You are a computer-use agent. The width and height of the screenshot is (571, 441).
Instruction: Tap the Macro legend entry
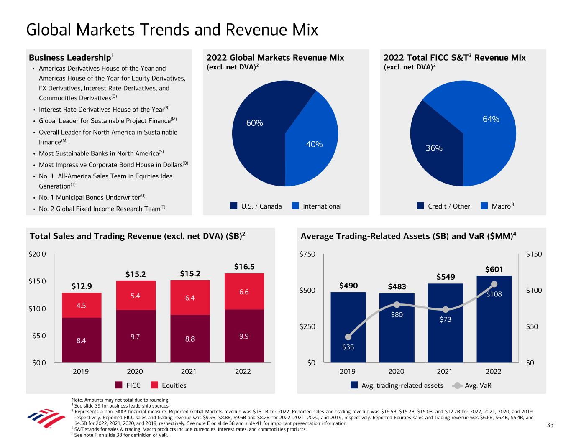(498, 206)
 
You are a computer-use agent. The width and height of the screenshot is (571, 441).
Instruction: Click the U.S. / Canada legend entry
(256, 206)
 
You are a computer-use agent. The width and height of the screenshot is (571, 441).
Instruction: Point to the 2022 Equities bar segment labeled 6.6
(244, 292)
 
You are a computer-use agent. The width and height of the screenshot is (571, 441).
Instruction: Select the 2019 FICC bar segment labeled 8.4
(82, 340)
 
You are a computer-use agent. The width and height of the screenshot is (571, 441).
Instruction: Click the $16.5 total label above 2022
(244, 267)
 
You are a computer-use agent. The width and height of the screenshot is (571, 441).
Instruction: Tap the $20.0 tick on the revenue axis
(37, 254)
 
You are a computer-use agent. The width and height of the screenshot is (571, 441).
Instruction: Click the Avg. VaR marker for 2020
(397, 305)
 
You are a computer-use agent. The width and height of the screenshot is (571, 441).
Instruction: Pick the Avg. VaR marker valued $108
(494, 284)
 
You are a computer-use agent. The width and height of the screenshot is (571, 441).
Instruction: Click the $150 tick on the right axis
(534, 254)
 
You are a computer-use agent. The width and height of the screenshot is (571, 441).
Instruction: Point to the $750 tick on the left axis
(308, 254)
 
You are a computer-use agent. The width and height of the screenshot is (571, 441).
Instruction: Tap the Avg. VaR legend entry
(472, 385)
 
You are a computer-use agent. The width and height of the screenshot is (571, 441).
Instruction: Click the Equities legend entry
(169, 385)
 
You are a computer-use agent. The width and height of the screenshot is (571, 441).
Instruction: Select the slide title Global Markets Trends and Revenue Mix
(172, 30)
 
